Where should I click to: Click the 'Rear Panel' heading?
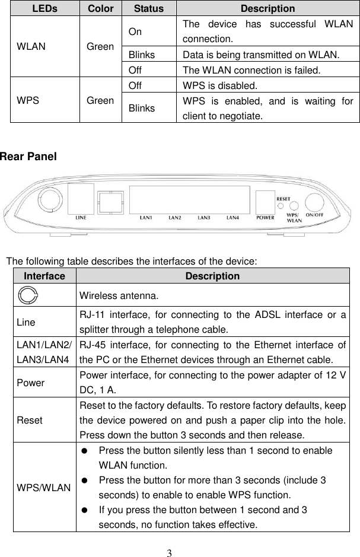28,157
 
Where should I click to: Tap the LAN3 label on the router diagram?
204,218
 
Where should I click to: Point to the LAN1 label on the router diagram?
146,218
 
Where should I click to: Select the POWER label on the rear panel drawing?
265,218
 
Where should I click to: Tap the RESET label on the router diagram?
283,198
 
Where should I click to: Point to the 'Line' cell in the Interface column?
25,322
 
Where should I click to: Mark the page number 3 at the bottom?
170,552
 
